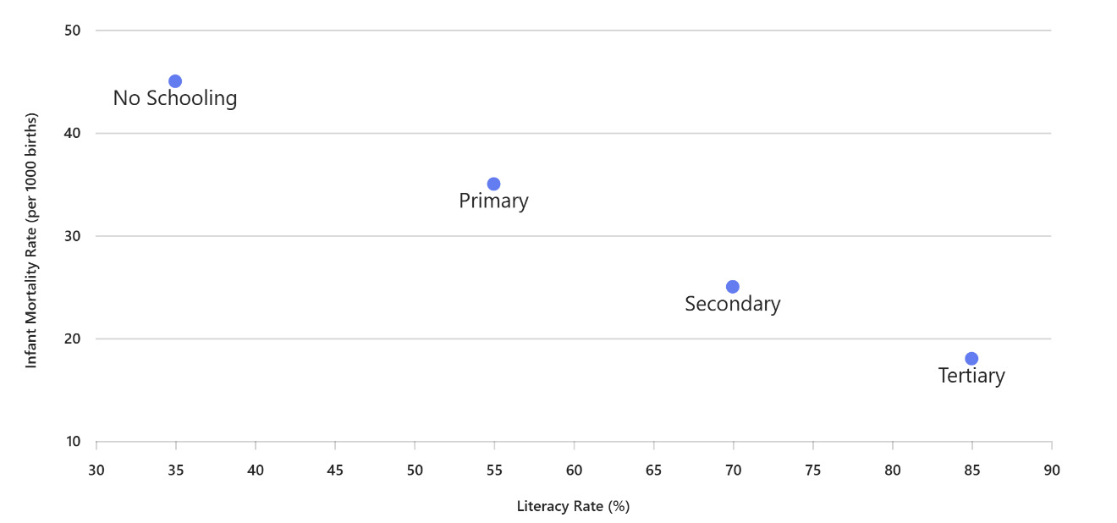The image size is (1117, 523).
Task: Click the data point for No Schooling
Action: tap(175, 81)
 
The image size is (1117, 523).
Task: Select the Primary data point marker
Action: tap(493, 184)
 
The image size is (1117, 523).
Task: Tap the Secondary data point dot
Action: tap(733, 287)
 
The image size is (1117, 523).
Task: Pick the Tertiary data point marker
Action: tap(971, 359)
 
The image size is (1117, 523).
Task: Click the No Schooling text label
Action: tap(175, 98)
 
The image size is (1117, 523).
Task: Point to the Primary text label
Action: tap(493, 201)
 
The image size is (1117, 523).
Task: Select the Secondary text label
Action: tap(733, 304)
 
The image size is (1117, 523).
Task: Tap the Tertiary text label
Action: tap(971, 376)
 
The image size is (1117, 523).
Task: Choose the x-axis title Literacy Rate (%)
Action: tap(574, 507)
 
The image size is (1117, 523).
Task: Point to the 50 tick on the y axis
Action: tap(72, 30)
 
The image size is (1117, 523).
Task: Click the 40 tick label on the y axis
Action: tap(72, 134)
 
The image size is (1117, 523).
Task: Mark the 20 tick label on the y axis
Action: tap(72, 339)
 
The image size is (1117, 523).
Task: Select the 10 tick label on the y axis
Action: tap(72, 442)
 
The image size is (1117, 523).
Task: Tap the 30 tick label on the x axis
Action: tap(96, 471)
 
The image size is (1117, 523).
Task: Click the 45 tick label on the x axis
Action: tap(335, 471)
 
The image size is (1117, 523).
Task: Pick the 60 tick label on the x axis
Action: tap(574, 471)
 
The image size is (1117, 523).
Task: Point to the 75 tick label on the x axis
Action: tap(813, 471)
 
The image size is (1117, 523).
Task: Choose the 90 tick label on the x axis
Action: tap(1051, 471)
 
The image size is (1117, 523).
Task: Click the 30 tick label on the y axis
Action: tap(72, 236)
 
